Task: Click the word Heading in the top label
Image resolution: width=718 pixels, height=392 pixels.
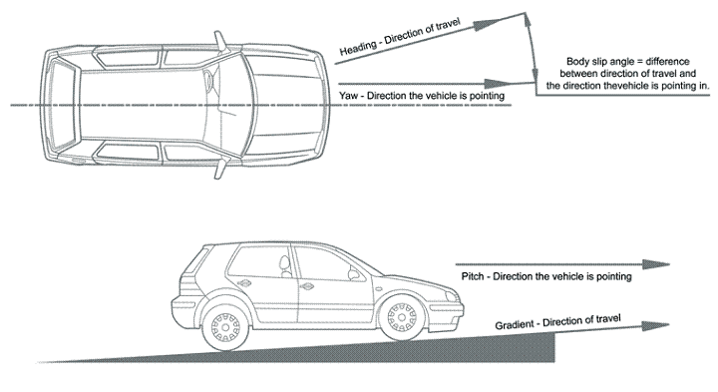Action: point(357,47)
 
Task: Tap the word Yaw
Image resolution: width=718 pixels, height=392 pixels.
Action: point(349,96)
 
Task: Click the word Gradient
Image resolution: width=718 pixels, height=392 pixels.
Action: point(515,325)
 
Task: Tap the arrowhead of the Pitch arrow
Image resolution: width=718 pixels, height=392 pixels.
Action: point(656,264)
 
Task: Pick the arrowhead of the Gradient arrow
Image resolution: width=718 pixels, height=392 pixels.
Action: point(656,326)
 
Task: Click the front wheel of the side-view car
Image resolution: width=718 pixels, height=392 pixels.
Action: point(402,318)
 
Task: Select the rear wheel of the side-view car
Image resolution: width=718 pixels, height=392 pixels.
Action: point(225,327)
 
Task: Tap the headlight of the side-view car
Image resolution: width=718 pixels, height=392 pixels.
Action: point(451,297)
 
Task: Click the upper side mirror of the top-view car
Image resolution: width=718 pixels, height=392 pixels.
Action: point(220,42)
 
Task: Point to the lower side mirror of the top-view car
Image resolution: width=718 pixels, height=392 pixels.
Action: point(220,168)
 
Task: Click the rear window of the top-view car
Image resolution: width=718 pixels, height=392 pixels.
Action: point(63,106)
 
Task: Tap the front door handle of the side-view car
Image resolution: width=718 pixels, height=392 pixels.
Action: point(307,286)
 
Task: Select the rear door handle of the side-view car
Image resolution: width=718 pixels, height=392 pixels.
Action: point(244,283)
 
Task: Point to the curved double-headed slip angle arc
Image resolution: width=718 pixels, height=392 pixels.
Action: point(532,48)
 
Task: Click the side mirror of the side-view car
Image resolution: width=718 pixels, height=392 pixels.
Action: point(354,274)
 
